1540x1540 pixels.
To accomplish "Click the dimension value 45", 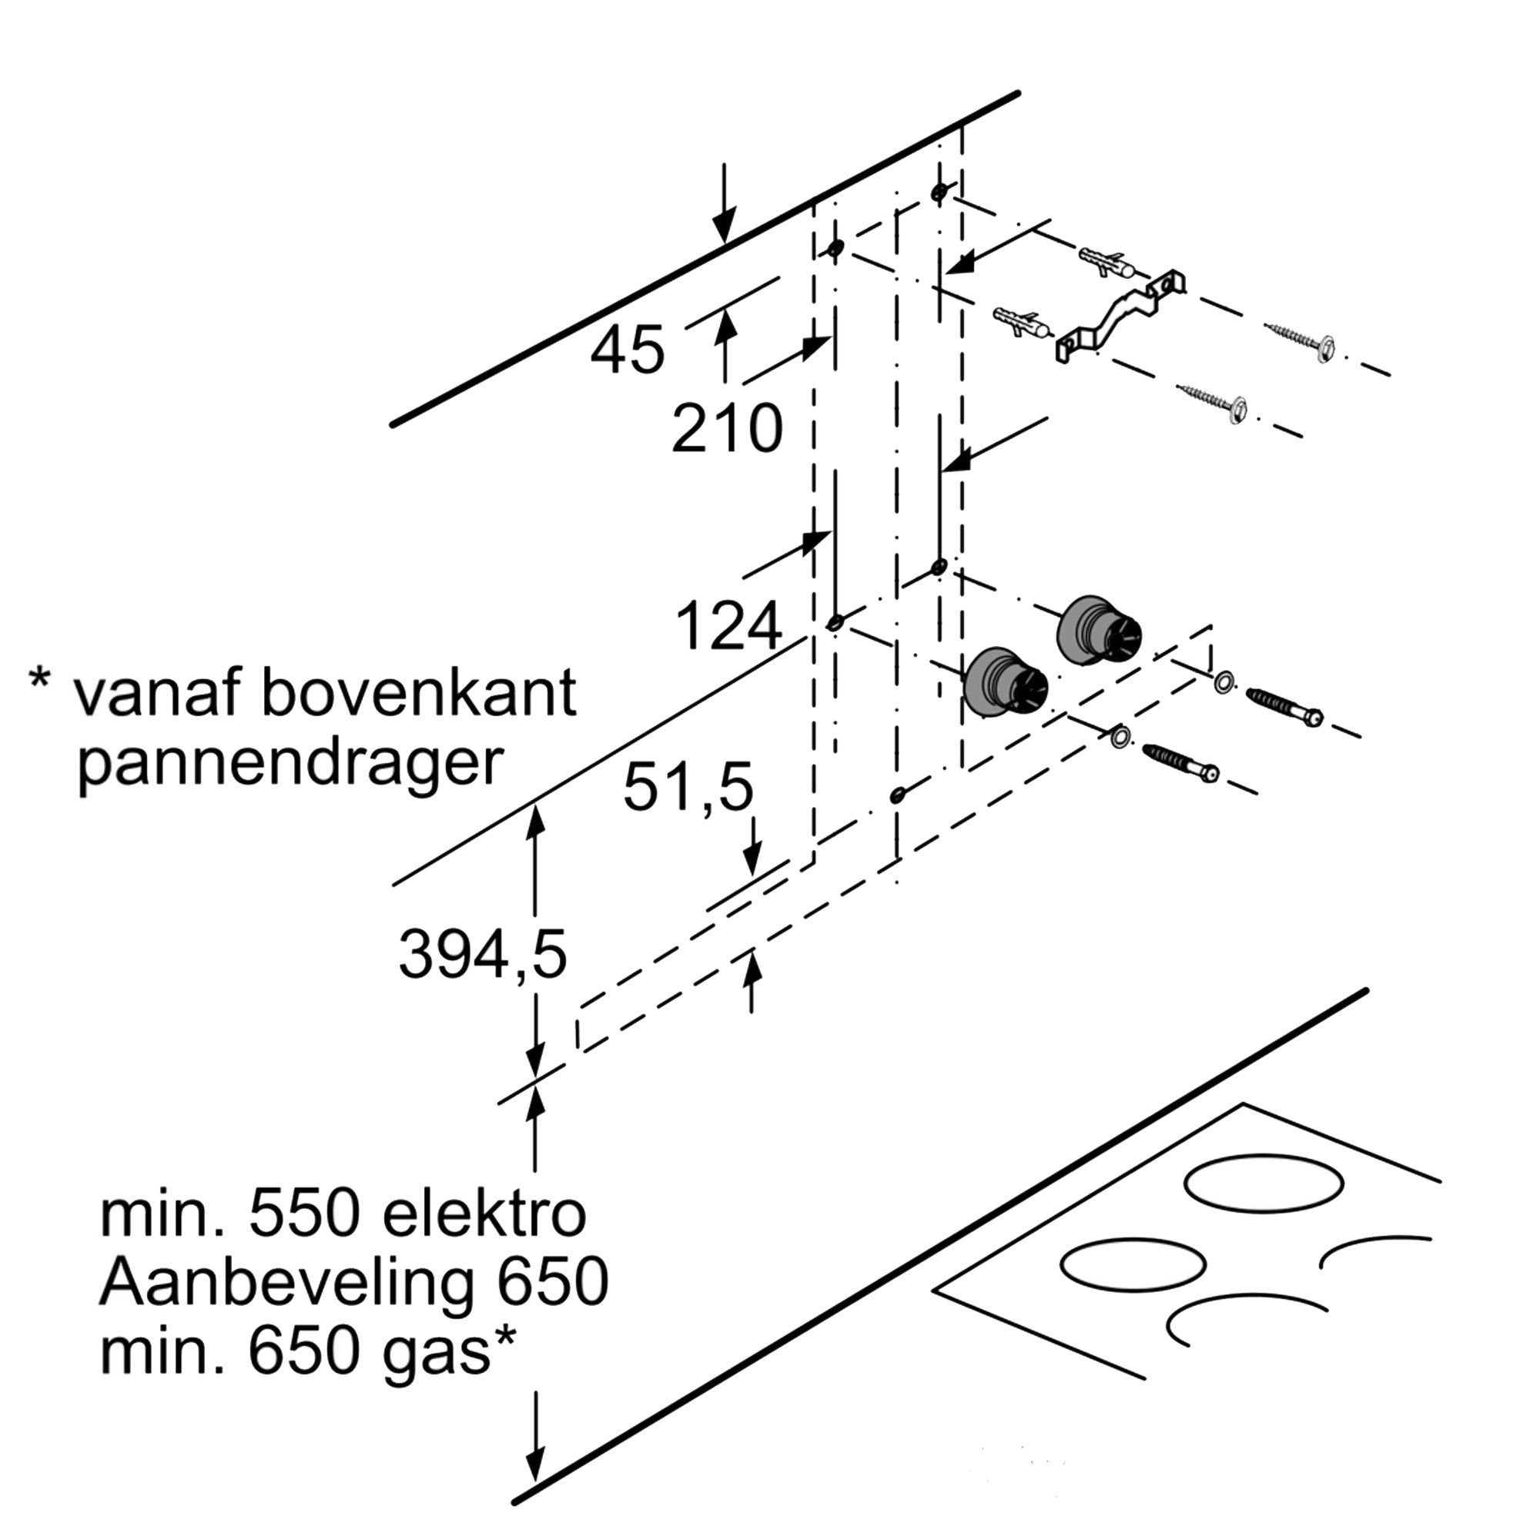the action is coord(628,350).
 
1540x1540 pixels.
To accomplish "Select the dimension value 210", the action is coord(727,429).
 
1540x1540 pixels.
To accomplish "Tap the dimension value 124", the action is coord(728,627).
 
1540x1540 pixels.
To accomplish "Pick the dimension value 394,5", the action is coord(482,955).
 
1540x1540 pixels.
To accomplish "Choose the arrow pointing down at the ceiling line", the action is coord(724,203).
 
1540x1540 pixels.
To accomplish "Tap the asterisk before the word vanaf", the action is coord(39,681).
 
